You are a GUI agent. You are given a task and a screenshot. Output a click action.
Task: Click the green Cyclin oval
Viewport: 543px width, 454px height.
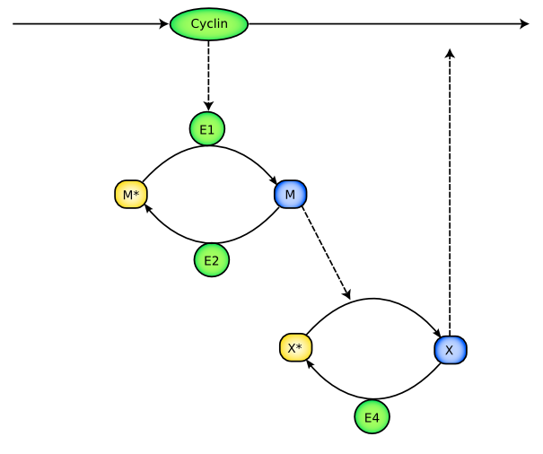208,24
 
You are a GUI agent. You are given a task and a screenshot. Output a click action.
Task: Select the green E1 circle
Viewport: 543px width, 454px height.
207,129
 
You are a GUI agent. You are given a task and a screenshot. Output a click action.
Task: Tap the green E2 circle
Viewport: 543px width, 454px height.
212,260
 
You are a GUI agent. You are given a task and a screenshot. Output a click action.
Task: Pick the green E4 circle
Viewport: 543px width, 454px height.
372,416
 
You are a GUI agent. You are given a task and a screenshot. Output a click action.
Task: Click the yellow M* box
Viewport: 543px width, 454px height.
130,194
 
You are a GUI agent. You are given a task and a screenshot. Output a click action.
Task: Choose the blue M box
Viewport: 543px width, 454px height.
290,194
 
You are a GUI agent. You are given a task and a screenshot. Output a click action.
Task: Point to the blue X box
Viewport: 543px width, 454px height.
450,349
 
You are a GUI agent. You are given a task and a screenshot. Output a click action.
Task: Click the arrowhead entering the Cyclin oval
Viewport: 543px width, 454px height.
165,24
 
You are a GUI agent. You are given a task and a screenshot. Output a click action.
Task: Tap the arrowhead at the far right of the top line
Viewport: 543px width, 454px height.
525,24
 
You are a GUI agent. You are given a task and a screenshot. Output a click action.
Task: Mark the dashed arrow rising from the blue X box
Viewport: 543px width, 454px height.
450,197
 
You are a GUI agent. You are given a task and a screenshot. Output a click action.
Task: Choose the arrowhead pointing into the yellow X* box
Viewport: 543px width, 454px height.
309,363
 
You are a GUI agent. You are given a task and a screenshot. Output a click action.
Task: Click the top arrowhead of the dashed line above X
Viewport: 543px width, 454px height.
450,54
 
